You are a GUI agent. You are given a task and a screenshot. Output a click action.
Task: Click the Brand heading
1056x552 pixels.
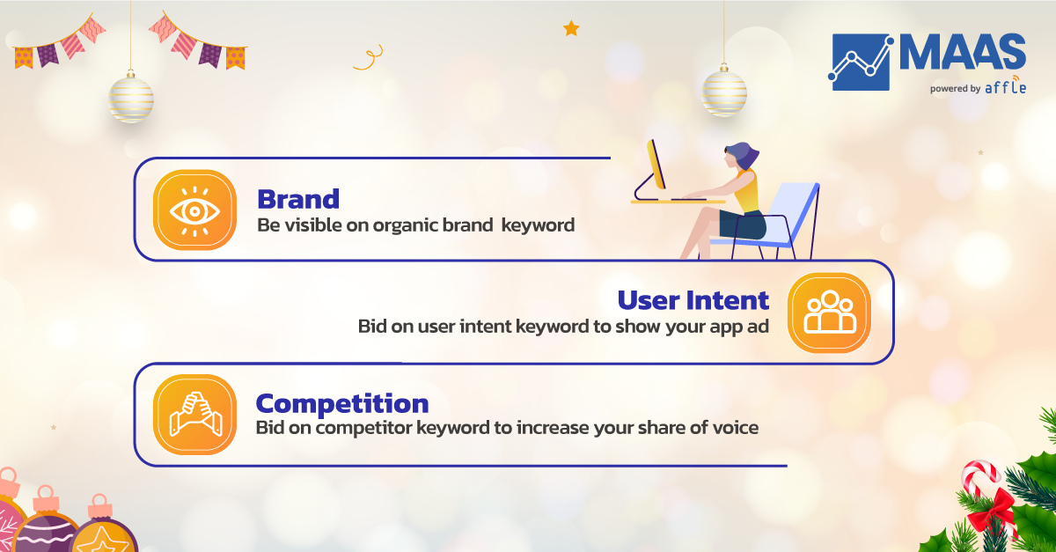(298, 199)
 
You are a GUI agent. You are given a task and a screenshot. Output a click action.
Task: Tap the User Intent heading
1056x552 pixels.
(693, 300)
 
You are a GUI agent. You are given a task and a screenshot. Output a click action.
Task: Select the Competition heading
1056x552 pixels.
(341, 404)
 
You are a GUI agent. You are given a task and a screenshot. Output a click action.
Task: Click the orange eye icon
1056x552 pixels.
(194, 210)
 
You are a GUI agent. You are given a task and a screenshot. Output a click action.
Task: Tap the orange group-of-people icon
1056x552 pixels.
(829, 313)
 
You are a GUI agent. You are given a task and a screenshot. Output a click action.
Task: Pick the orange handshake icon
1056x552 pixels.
(194, 415)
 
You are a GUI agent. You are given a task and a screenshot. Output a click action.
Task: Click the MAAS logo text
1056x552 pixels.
(963, 52)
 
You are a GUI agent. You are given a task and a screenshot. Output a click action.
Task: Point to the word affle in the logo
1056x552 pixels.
(1006, 87)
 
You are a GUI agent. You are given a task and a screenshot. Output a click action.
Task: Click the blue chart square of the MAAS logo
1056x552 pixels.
(861, 62)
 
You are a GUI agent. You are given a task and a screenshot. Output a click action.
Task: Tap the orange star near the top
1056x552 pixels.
(571, 28)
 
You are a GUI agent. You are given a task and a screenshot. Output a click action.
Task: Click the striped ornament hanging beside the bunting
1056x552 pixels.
(131, 99)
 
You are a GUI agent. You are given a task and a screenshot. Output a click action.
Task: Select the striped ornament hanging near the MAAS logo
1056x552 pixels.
(724, 92)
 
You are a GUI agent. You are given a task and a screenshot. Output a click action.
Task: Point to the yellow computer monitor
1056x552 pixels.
(656, 164)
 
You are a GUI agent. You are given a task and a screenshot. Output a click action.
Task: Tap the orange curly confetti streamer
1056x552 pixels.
(368, 57)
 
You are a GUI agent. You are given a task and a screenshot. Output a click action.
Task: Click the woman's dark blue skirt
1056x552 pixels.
(743, 225)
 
